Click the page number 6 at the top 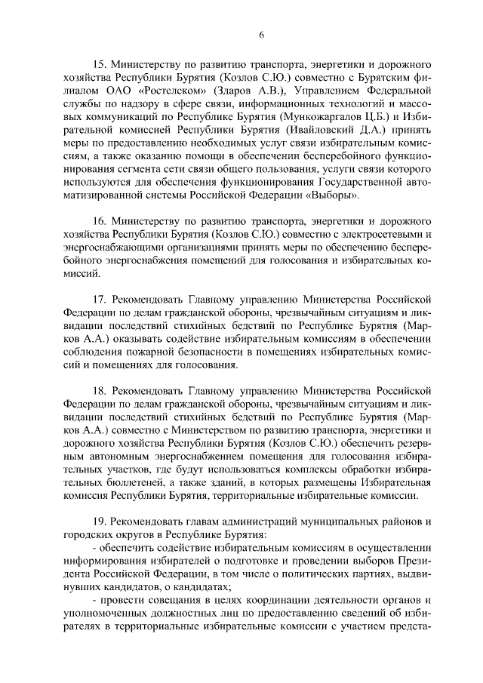tap(261, 35)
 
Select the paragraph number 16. tap(98, 222)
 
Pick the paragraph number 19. tap(98, 521)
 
